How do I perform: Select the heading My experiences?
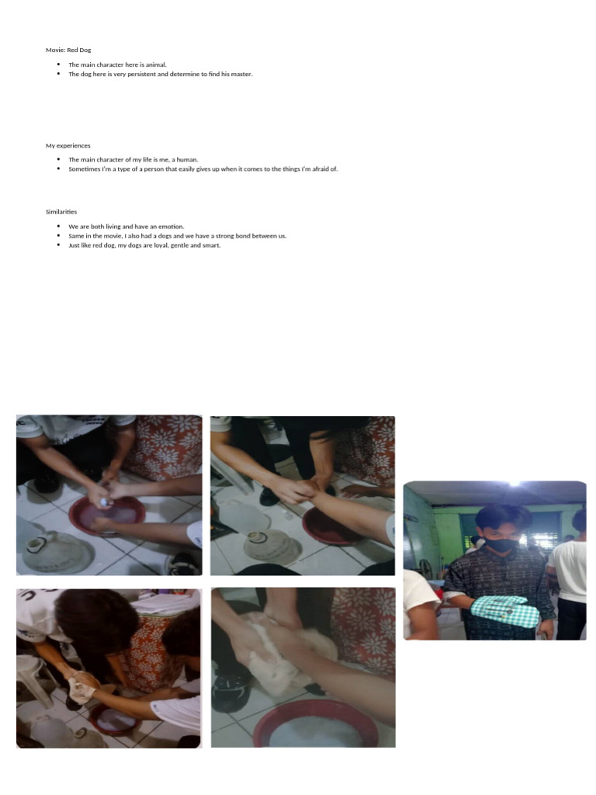pyautogui.click(x=68, y=145)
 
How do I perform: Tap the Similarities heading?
pyautogui.click(x=61, y=211)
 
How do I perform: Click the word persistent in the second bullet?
pyautogui.click(x=151, y=75)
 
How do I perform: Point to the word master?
pyautogui.click(x=241, y=75)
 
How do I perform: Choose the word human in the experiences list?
pyautogui.click(x=188, y=159)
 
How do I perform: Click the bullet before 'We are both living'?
pyautogui.click(x=58, y=227)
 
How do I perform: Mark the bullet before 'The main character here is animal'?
pyautogui.click(x=58, y=65)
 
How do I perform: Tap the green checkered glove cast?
pyautogui.click(x=506, y=611)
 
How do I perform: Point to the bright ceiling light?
pyautogui.click(x=514, y=483)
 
